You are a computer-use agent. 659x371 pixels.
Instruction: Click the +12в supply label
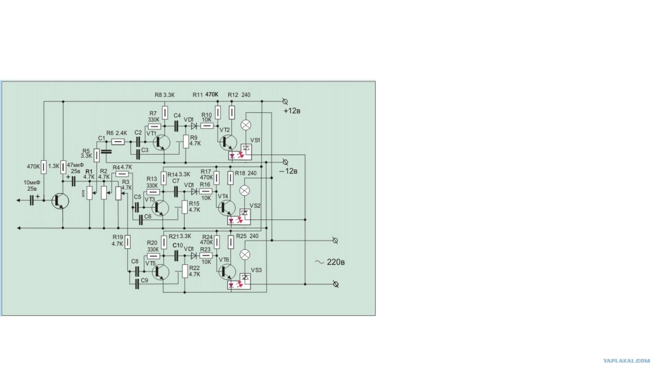coord(292,111)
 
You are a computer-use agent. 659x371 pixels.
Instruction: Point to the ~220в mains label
coord(330,262)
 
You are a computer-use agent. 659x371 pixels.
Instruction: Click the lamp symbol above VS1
coord(246,125)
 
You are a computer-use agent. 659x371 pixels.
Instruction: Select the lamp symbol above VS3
coord(245,255)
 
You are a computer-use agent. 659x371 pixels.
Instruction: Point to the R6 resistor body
coord(118,142)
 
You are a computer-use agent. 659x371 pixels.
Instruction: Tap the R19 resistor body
coord(128,242)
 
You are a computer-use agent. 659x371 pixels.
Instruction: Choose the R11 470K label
coord(205,95)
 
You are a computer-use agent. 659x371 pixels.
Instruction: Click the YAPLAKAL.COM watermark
coord(626,361)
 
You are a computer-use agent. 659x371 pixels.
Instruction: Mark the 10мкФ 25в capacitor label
coord(32,186)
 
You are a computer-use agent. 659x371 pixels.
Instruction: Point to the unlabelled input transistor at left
coord(60,201)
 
